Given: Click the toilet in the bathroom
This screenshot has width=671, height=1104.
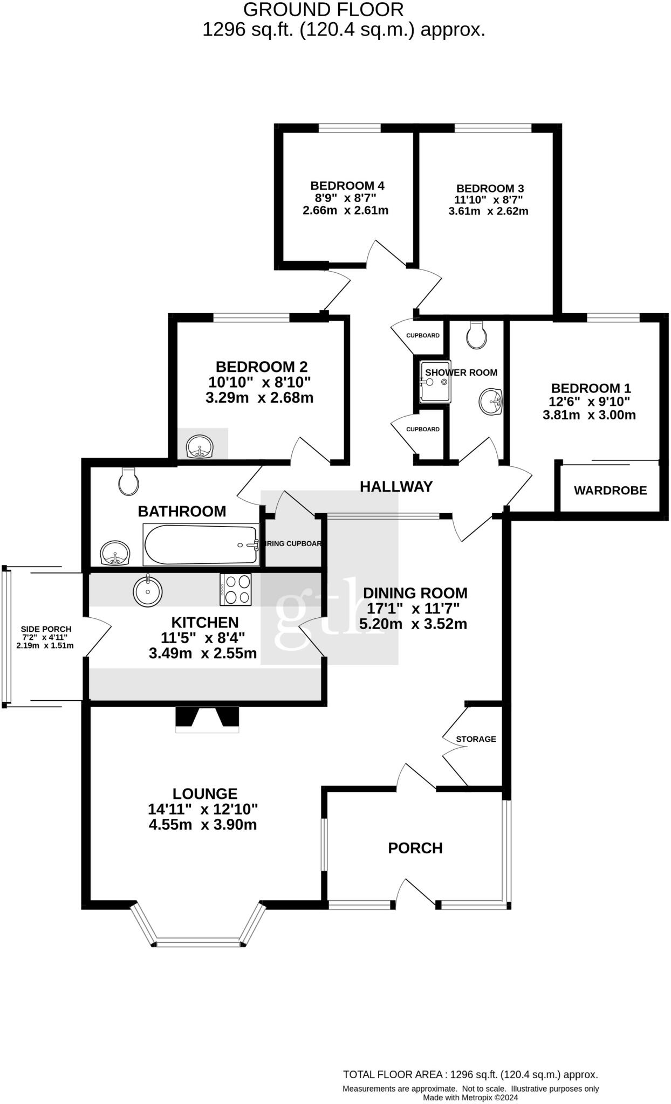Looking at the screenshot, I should (128, 481).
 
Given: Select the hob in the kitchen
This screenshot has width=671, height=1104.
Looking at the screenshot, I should (236, 589).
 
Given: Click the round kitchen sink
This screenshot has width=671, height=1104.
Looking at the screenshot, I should (147, 591).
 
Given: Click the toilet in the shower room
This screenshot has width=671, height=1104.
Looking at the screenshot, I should (477, 335).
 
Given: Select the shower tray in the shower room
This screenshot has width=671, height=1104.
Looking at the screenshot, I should (435, 382).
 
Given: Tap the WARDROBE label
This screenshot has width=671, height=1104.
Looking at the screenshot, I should (610, 491).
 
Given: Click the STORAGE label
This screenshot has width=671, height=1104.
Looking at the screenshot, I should (476, 739).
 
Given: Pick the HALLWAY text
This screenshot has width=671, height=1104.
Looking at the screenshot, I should (396, 487).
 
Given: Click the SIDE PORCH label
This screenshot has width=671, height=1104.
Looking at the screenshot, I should (46, 629).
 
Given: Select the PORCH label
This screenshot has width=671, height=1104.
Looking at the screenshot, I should (415, 848).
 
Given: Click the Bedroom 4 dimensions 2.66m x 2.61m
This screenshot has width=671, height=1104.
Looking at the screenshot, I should (345, 210).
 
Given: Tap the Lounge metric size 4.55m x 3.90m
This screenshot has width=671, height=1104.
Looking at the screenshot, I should (202, 825).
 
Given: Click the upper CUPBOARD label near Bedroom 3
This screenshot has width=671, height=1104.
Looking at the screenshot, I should (423, 335).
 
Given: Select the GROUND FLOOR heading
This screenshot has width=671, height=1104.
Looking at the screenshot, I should (323, 10).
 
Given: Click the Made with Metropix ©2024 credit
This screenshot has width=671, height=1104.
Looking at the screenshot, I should (470, 1097).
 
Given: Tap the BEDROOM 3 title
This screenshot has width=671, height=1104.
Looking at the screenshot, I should (490, 188).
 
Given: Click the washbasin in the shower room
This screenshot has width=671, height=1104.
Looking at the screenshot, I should (491, 402).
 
